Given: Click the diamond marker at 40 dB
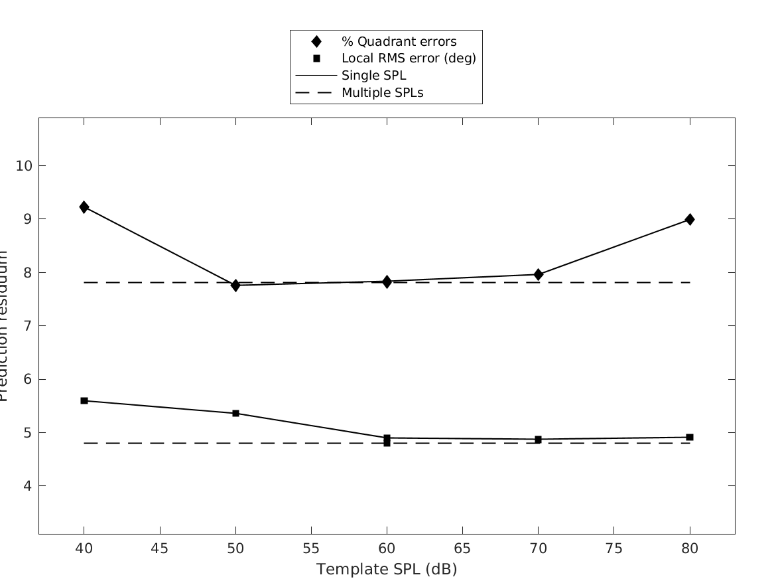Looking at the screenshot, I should tap(84, 207).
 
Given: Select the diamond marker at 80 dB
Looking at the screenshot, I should tap(690, 219).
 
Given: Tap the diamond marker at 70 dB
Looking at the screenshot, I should tap(539, 274).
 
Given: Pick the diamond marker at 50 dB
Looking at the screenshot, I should tap(235, 285).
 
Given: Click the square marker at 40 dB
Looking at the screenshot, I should tap(84, 400).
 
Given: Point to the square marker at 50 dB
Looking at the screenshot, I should tap(235, 413).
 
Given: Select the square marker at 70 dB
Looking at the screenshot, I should tap(539, 440).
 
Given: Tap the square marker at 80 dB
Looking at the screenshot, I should tap(690, 437).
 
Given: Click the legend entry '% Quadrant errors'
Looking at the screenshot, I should tap(399, 42).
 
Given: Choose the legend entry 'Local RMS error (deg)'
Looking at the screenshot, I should tap(409, 58).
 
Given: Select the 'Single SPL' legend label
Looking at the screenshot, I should tap(373, 76).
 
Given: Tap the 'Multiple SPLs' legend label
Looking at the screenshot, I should tap(382, 93).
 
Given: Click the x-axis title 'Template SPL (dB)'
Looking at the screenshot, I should tap(387, 569).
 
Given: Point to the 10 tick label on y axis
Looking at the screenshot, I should tap(23, 165).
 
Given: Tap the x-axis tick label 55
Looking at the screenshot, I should tap(311, 549).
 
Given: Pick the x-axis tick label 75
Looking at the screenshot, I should tap(614, 549).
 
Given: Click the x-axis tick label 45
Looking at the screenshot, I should tap(160, 549).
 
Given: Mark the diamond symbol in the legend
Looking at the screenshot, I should tap(316, 42).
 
